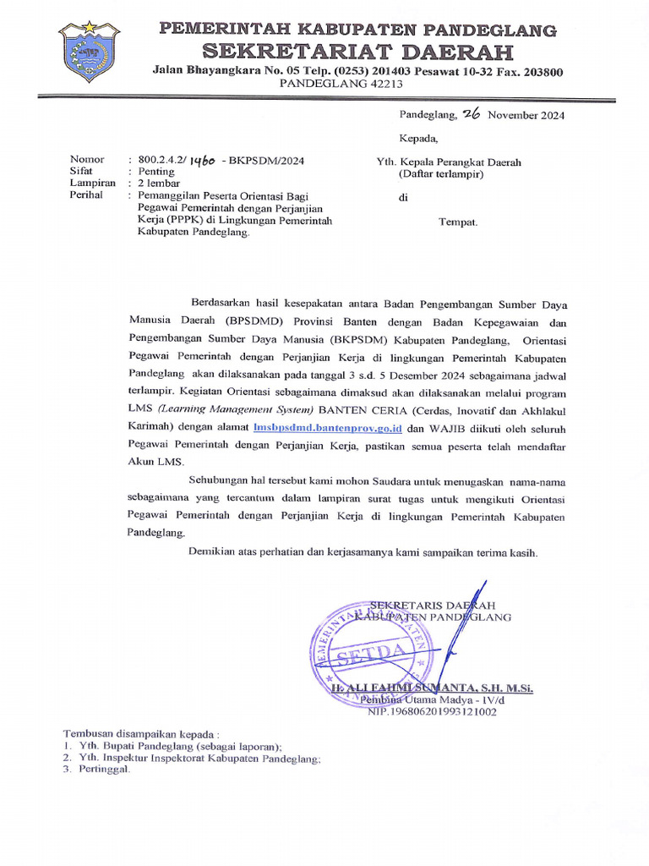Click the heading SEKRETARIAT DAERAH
click(x=358, y=52)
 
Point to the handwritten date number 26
click(x=471, y=115)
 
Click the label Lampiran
click(x=92, y=183)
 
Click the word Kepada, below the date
click(x=418, y=138)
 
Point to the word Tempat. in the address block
click(x=458, y=222)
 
